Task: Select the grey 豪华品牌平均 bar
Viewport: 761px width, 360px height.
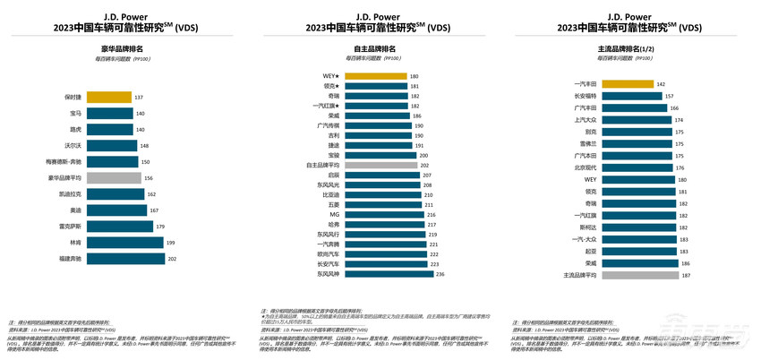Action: click(x=115, y=177)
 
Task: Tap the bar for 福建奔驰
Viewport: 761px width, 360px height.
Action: click(x=126, y=258)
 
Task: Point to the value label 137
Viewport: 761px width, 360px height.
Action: click(x=140, y=97)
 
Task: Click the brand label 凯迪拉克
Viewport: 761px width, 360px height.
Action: click(x=70, y=193)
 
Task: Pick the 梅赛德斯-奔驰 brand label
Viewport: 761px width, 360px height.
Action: click(x=64, y=161)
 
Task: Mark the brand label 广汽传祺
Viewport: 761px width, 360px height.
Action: click(x=328, y=125)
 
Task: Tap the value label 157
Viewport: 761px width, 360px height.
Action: click(x=670, y=96)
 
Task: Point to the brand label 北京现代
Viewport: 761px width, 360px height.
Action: click(x=584, y=167)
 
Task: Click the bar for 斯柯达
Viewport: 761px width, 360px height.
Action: click(x=638, y=227)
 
